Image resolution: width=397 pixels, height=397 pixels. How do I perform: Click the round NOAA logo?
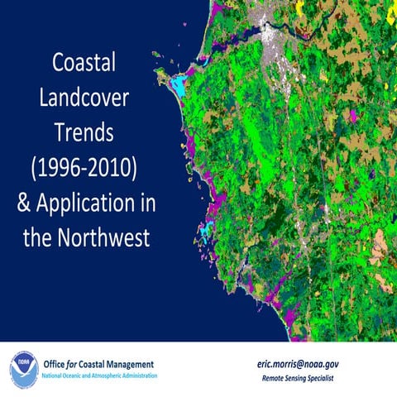pos(23,366)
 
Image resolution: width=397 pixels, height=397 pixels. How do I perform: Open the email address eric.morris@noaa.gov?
pos(309,363)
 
